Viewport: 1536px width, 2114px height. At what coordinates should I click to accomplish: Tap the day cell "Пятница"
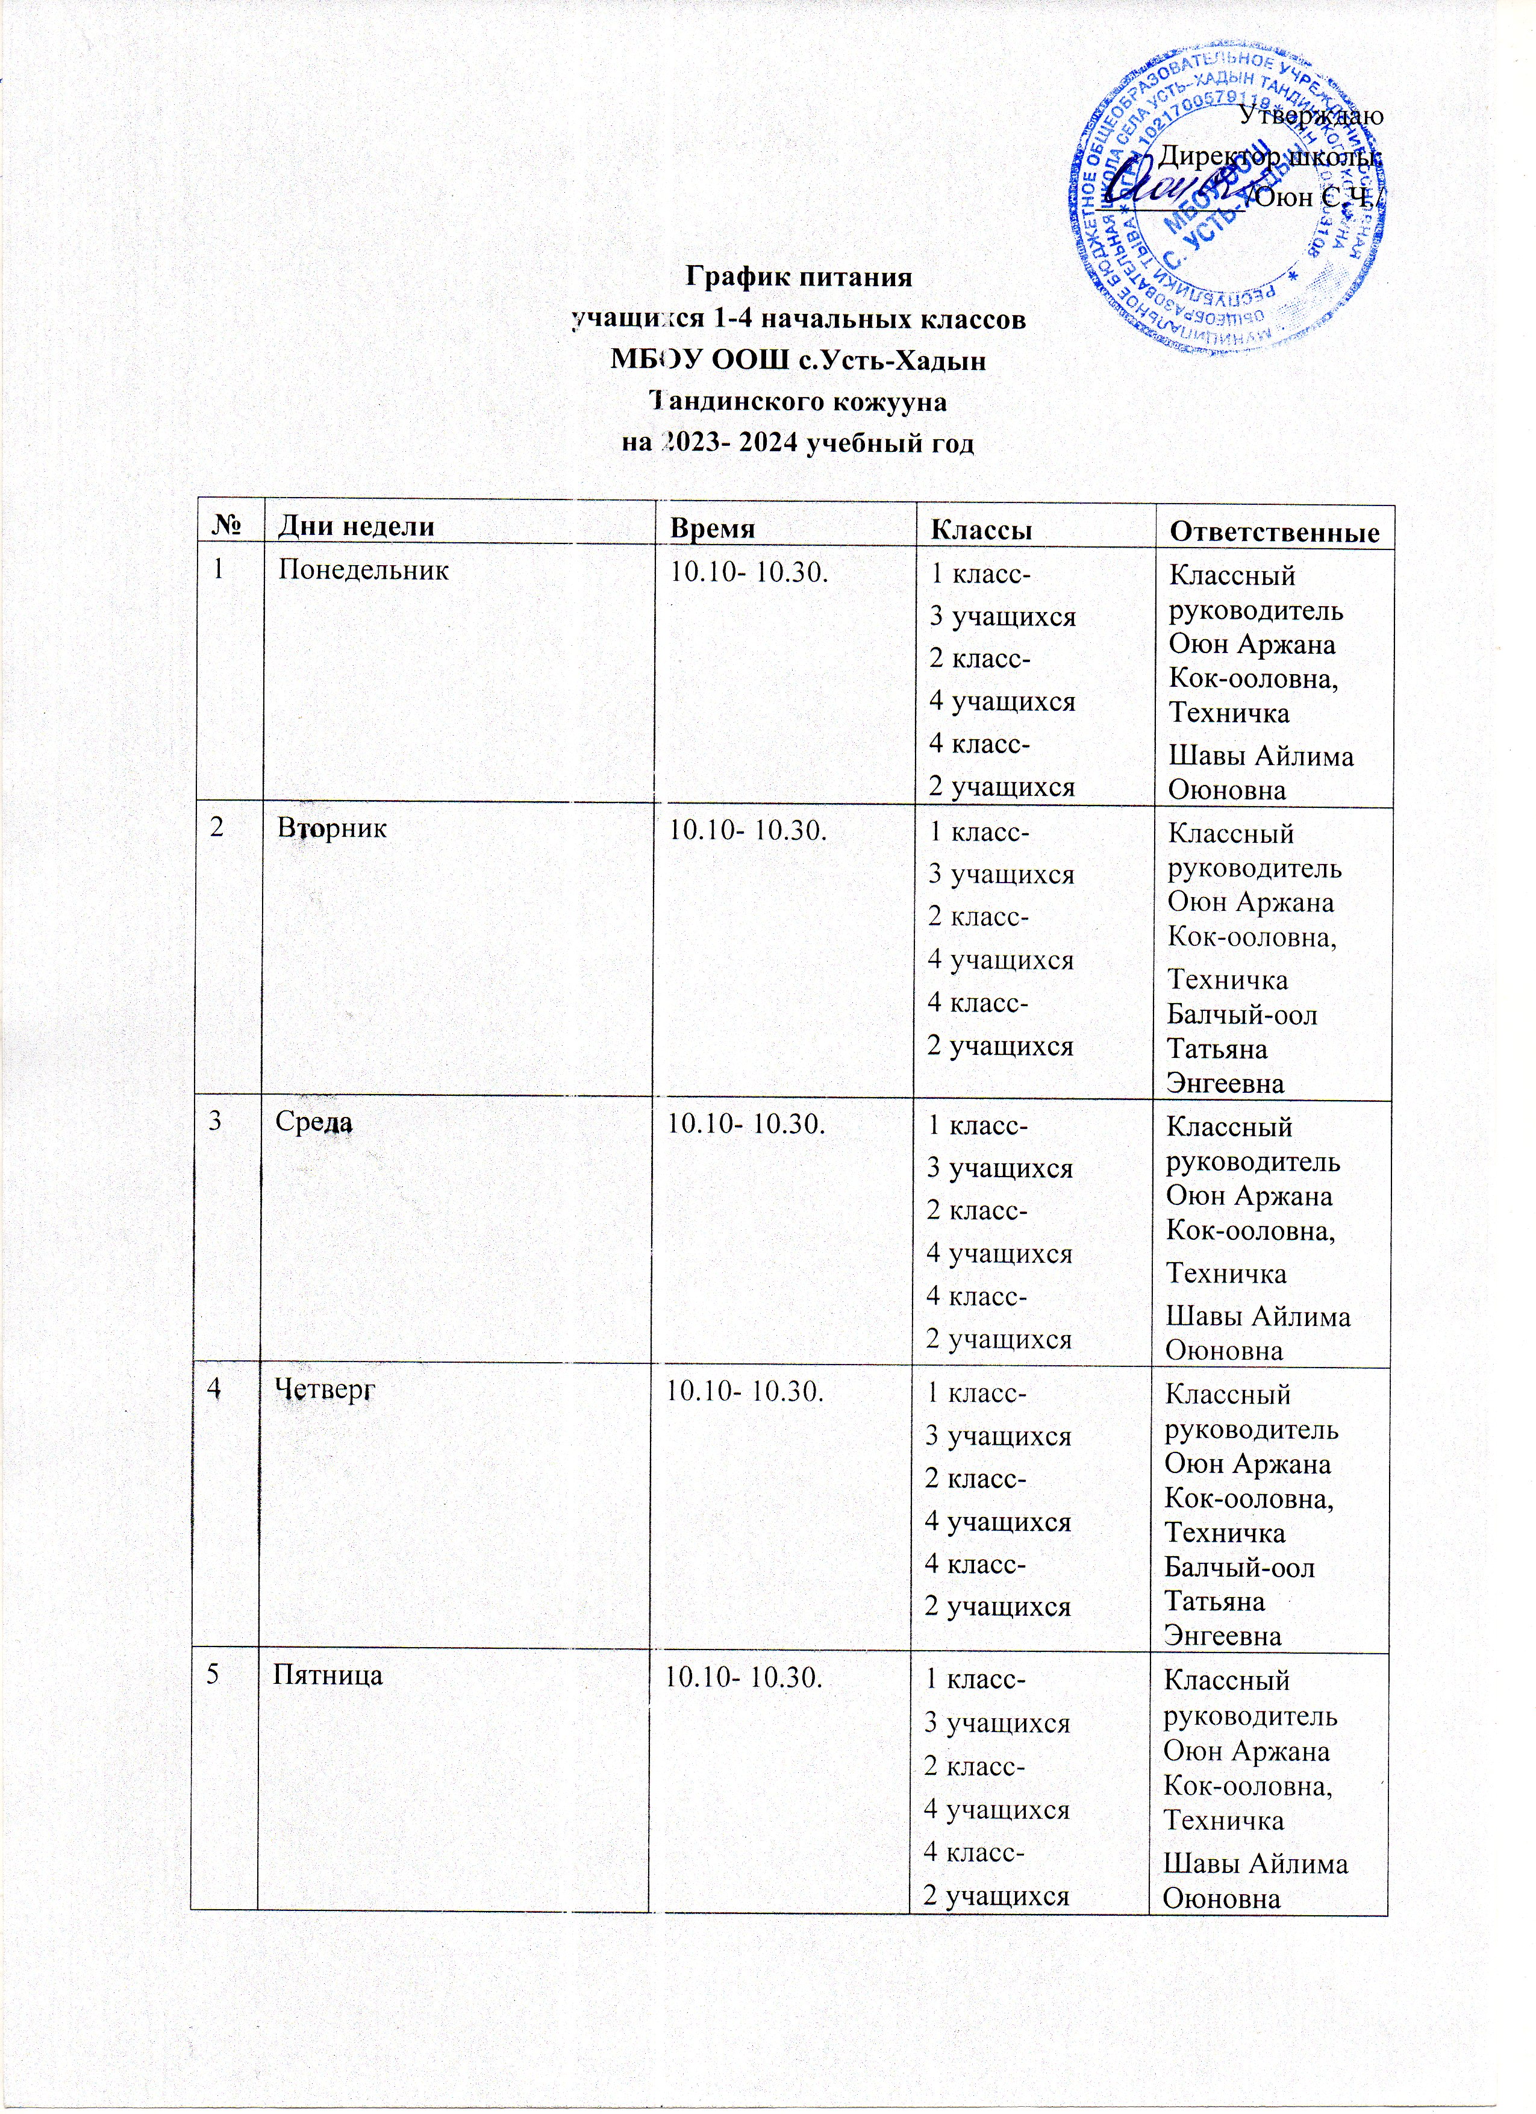327,1675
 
